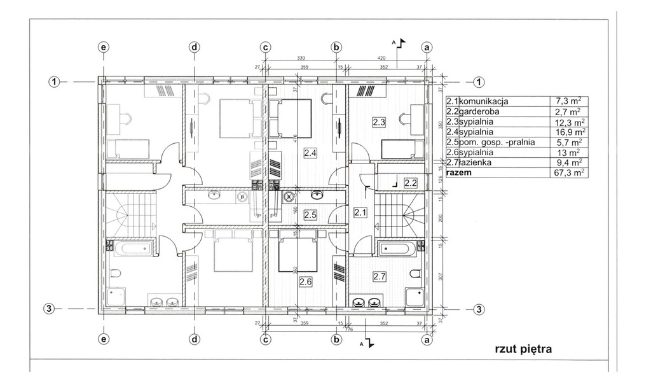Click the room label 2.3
[x=380, y=121]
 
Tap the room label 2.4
[x=310, y=153]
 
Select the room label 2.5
[x=310, y=214]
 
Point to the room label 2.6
[x=306, y=281]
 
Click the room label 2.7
[x=380, y=276]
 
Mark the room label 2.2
[x=411, y=183]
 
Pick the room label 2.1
[x=360, y=213]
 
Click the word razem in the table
[x=460, y=172]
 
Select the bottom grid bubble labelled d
[x=194, y=339]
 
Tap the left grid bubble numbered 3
[x=49, y=309]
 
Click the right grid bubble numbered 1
[x=479, y=81]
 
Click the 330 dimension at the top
[x=301, y=58]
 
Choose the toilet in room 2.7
[x=416, y=274]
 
